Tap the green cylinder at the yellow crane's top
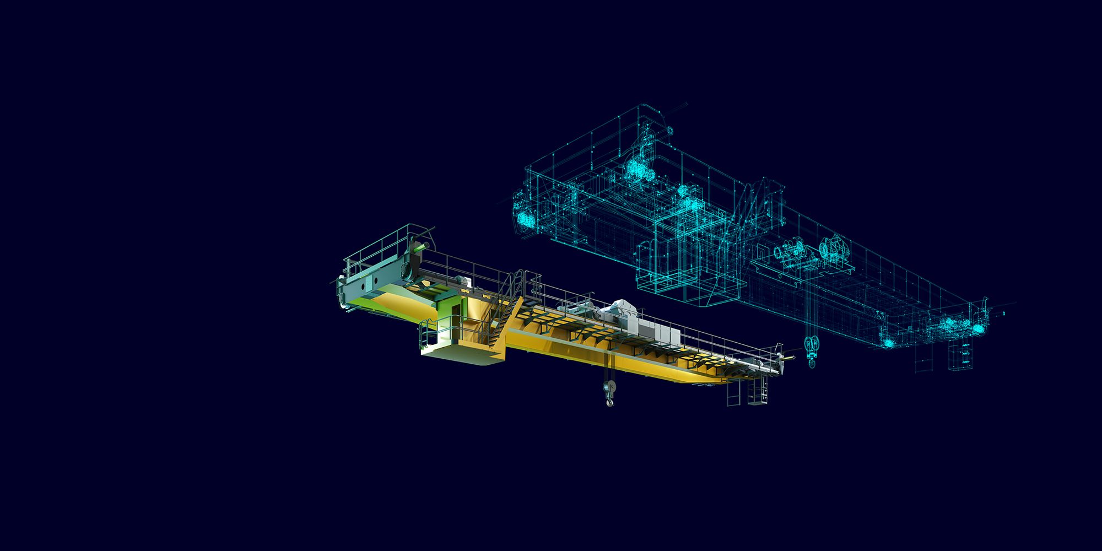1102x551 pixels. [419, 249]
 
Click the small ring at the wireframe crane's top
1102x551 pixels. [669, 131]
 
